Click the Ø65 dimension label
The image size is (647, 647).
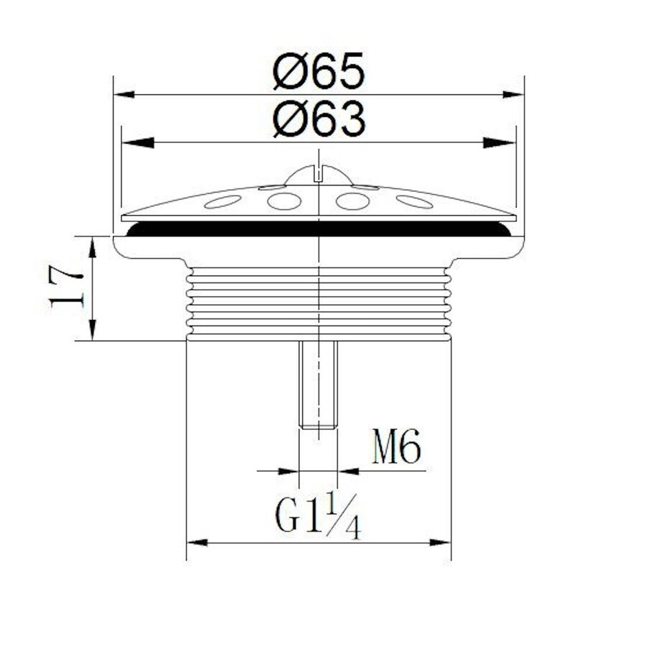pyautogui.click(x=319, y=72)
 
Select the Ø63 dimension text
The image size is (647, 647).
pyautogui.click(x=319, y=120)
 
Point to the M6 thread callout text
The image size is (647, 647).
pyautogui.click(x=395, y=449)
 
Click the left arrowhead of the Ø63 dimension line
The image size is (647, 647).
pyautogui.click(x=134, y=142)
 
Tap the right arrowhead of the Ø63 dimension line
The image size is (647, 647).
pyautogui.click(x=505, y=142)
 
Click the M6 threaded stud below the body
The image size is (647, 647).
pyautogui.click(x=318, y=385)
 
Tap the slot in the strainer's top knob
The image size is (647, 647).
pyautogui.click(x=318, y=172)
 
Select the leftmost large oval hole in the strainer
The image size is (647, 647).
pyautogui.click(x=223, y=202)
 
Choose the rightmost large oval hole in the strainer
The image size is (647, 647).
pyautogui.click(x=414, y=202)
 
